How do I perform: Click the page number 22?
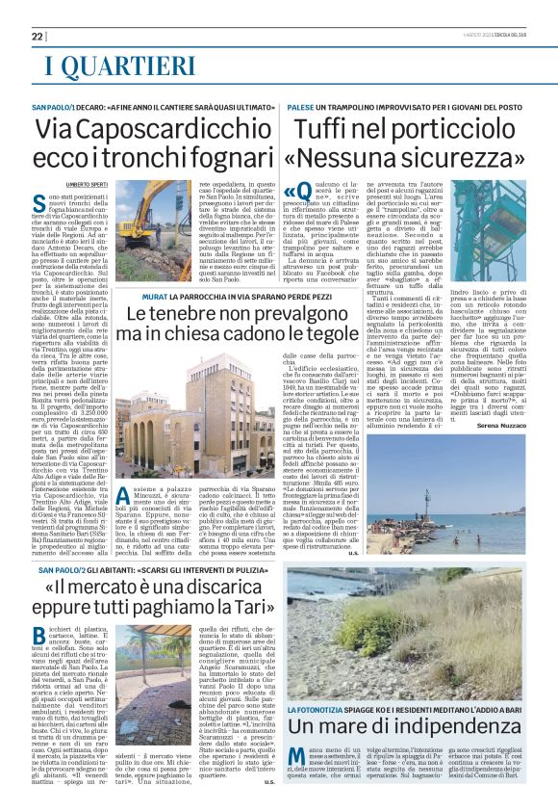pos(38,37)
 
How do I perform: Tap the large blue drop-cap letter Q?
pos(295,196)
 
